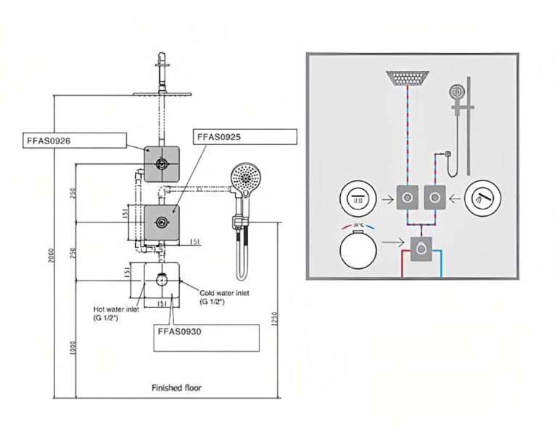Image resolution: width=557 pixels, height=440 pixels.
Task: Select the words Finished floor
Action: point(177,388)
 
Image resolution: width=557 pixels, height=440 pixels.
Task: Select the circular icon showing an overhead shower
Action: point(357,197)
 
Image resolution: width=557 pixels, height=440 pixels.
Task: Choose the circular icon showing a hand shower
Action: point(482,197)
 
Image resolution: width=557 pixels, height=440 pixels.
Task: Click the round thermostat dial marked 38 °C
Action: point(358,249)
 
